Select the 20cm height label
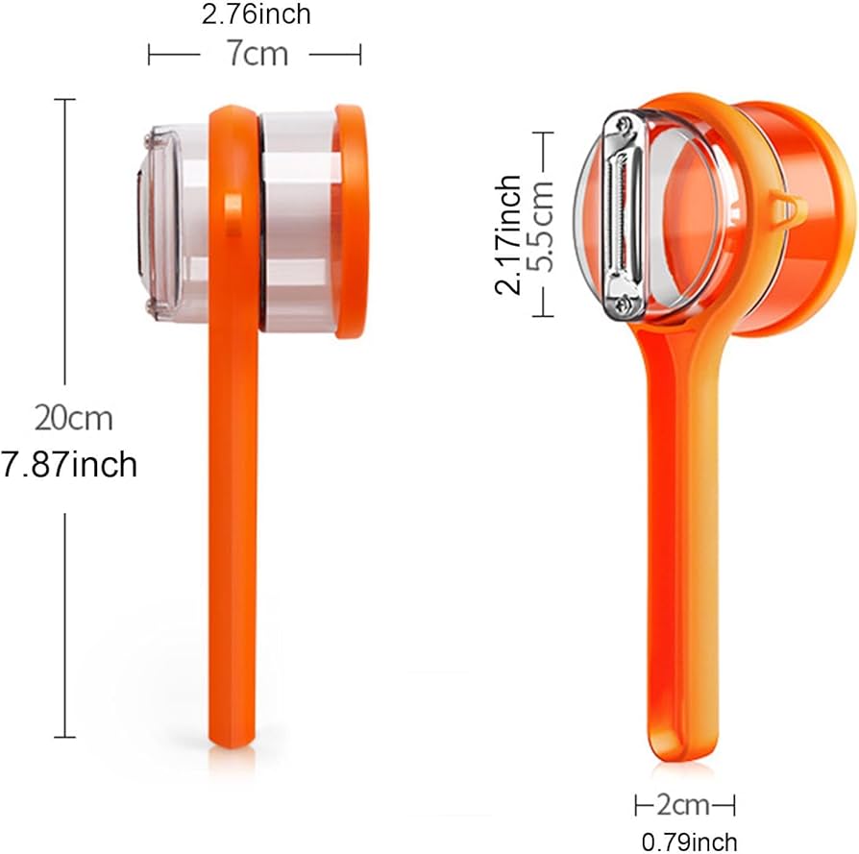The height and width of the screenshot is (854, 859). (x=74, y=418)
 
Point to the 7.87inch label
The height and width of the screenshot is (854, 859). (x=70, y=465)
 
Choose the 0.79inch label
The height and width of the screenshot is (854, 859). (x=689, y=842)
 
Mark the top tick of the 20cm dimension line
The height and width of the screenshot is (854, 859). (x=64, y=99)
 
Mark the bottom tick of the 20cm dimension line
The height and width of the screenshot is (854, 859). (x=64, y=737)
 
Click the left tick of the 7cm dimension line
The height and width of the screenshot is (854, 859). (x=149, y=55)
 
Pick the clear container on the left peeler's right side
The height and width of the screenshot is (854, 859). (x=298, y=221)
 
